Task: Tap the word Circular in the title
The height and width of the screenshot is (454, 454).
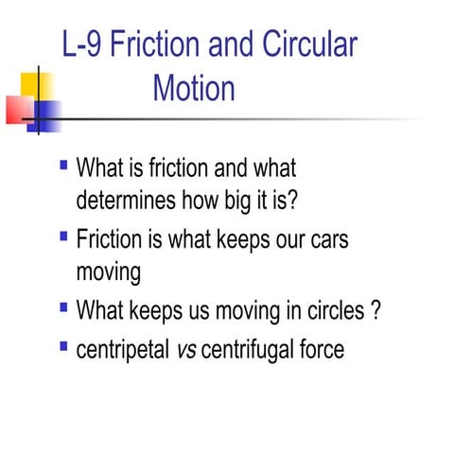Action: click(307, 45)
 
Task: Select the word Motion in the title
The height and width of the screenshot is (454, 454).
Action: click(194, 89)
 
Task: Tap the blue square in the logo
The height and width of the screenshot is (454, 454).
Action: click(45, 114)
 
